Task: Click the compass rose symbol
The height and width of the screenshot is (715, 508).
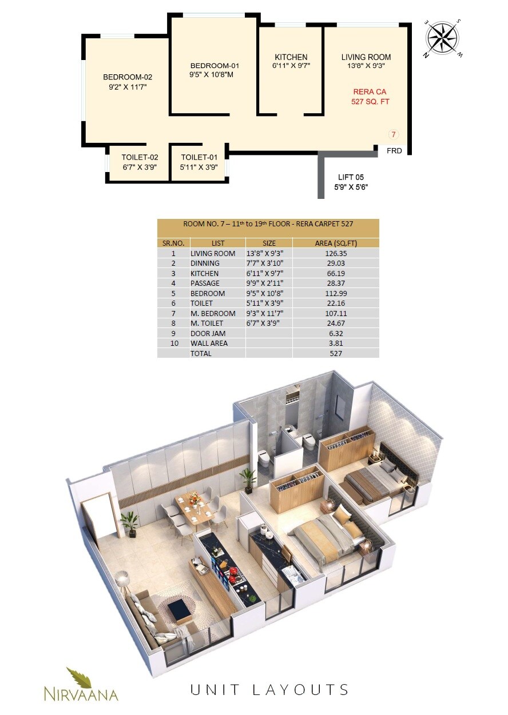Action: point(443,38)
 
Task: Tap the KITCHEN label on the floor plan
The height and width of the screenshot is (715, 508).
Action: point(291,57)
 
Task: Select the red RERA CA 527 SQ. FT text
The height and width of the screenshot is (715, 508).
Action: point(370,97)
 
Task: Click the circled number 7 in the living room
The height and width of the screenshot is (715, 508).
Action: point(393,135)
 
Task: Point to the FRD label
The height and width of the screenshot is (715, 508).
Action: point(394,151)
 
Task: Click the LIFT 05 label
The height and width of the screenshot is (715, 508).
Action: point(351,177)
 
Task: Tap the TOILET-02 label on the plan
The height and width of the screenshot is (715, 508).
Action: point(140,157)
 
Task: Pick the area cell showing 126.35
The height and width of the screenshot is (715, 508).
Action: point(335,253)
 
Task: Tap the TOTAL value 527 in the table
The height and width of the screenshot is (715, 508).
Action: point(335,354)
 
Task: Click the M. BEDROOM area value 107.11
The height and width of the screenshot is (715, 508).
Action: point(335,313)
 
